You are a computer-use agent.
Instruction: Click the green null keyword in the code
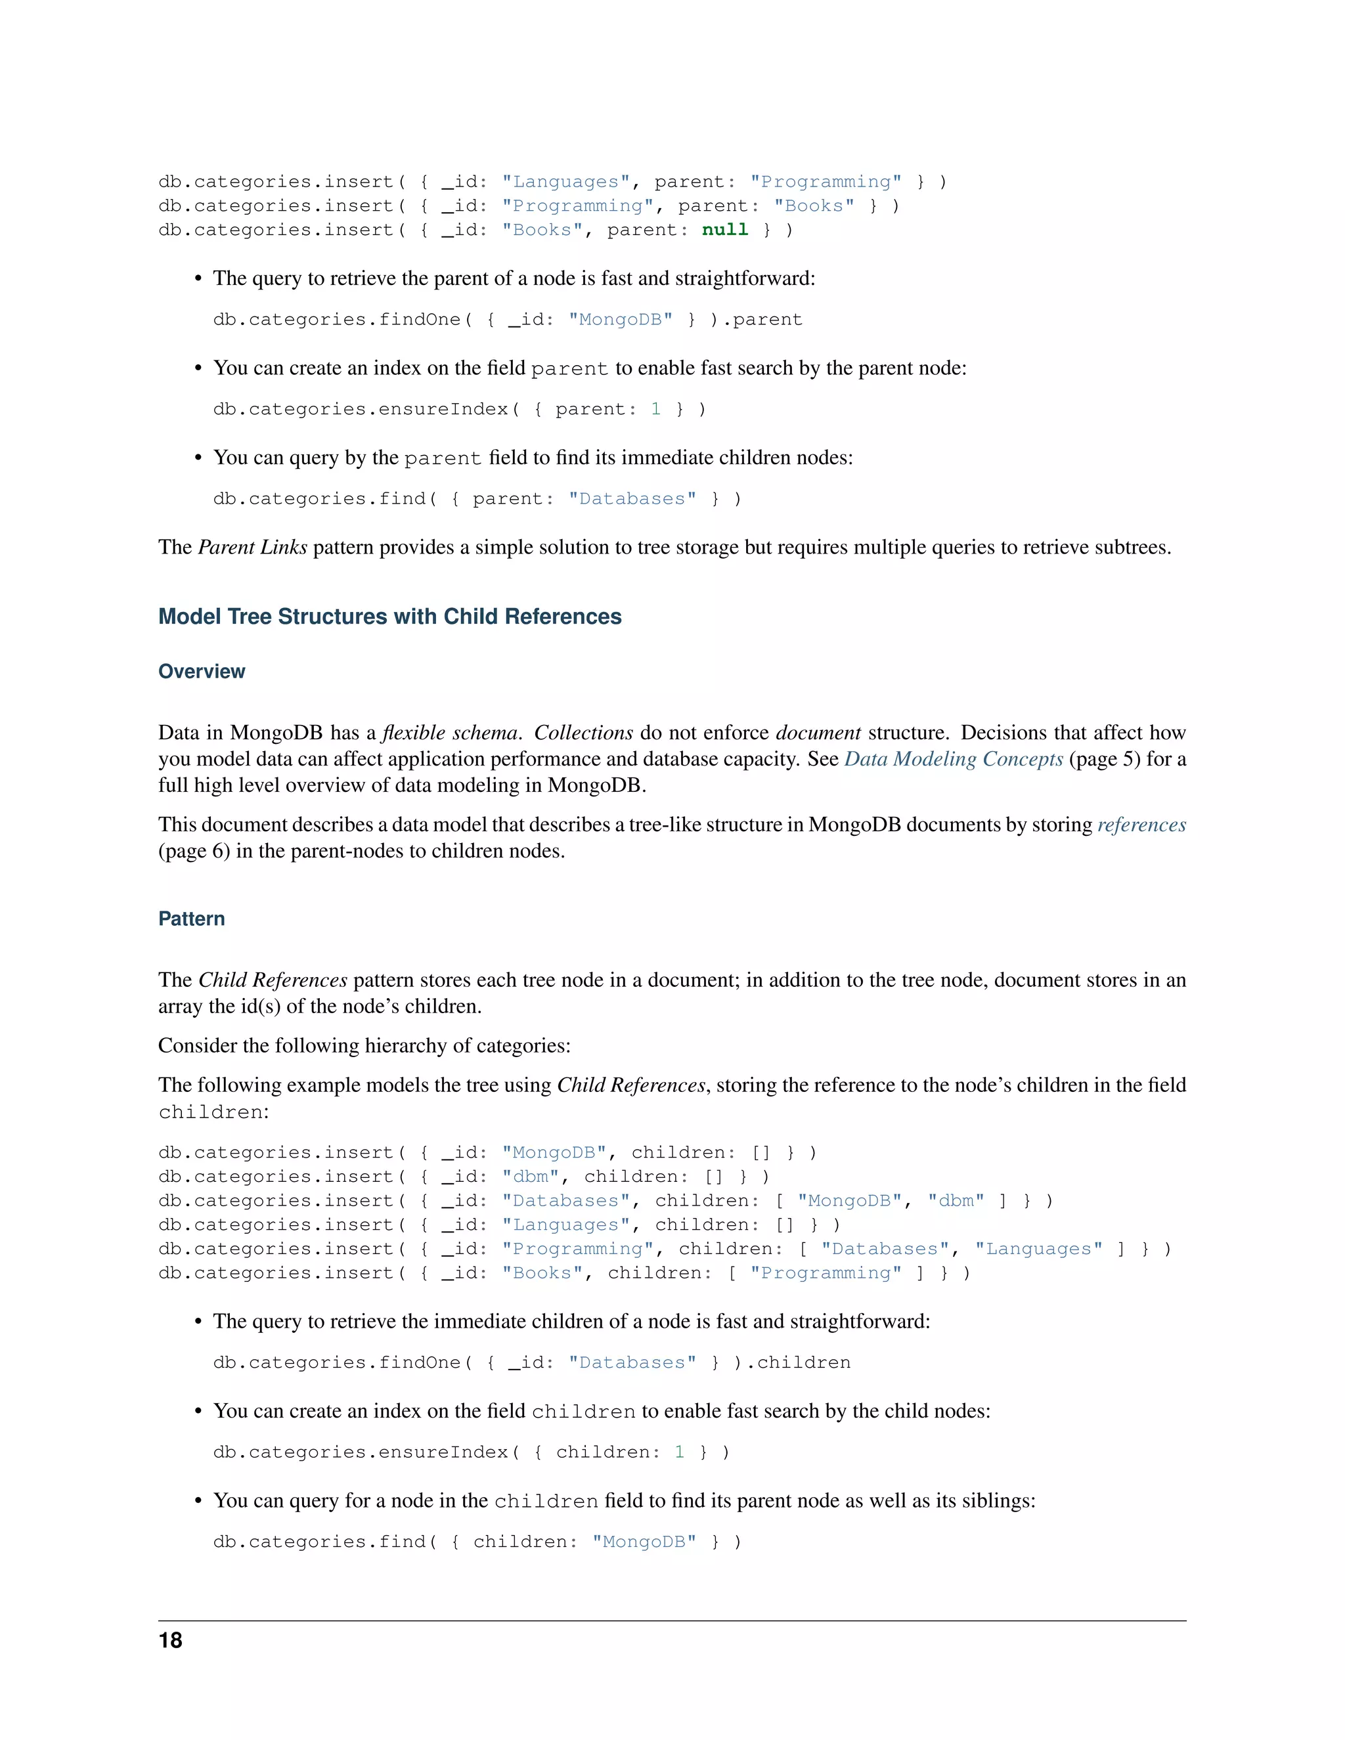tap(724, 230)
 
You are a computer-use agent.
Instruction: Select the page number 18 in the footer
tap(171, 1640)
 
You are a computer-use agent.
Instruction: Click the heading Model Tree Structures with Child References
tap(389, 617)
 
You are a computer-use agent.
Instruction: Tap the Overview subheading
tap(202, 672)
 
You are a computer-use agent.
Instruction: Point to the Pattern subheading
tap(191, 919)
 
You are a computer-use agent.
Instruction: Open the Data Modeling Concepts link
tap(953, 759)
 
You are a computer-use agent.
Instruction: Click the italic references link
tap(1141, 825)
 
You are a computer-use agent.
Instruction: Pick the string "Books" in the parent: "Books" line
tap(814, 206)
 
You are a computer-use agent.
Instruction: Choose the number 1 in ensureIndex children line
tap(680, 1452)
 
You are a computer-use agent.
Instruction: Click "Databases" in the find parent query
tap(632, 499)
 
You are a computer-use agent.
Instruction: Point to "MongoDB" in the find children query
tap(644, 1542)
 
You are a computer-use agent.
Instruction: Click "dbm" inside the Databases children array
tap(956, 1201)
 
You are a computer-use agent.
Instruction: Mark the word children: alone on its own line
tap(213, 1112)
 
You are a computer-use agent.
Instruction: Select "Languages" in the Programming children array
tap(1039, 1248)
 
